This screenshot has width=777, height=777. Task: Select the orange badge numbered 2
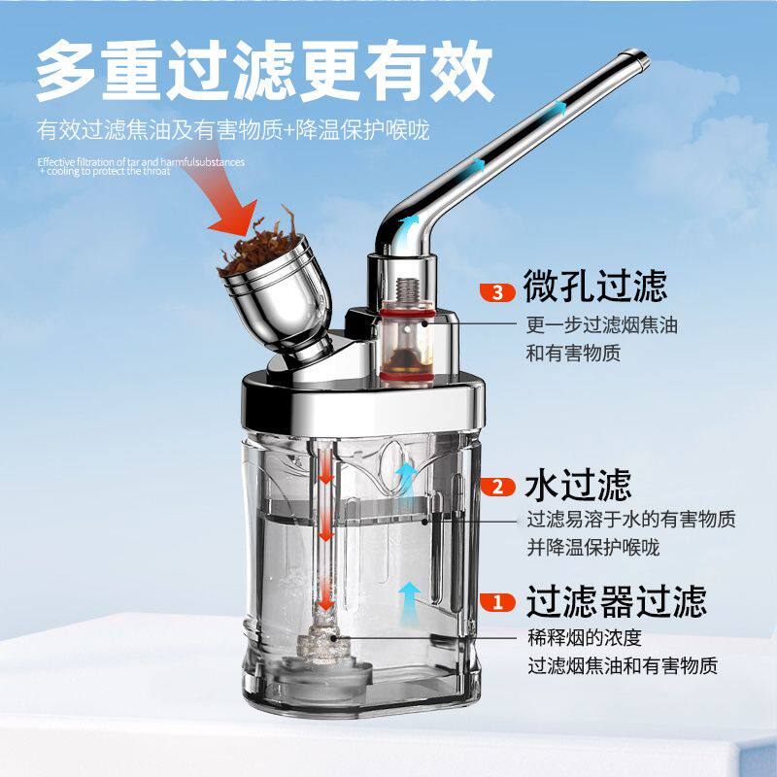click(x=498, y=487)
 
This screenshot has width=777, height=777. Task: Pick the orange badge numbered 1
click(x=498, y=602)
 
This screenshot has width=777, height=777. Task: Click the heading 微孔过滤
click(x=595, y=287)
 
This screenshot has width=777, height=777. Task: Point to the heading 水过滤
click(x=578, y=484)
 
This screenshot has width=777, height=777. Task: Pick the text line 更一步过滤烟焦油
click(x=601, y=325)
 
